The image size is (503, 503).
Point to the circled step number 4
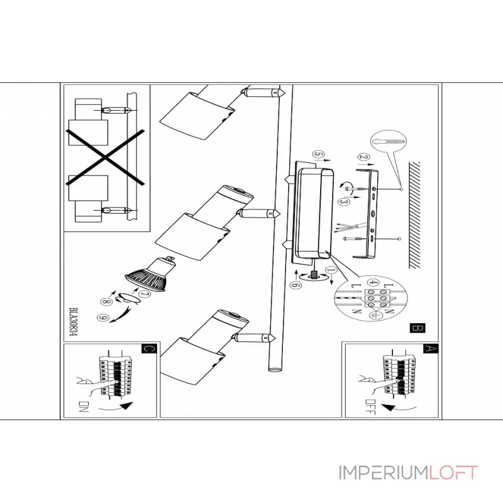tap(373, 283)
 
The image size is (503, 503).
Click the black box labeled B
tap(415, 328)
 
